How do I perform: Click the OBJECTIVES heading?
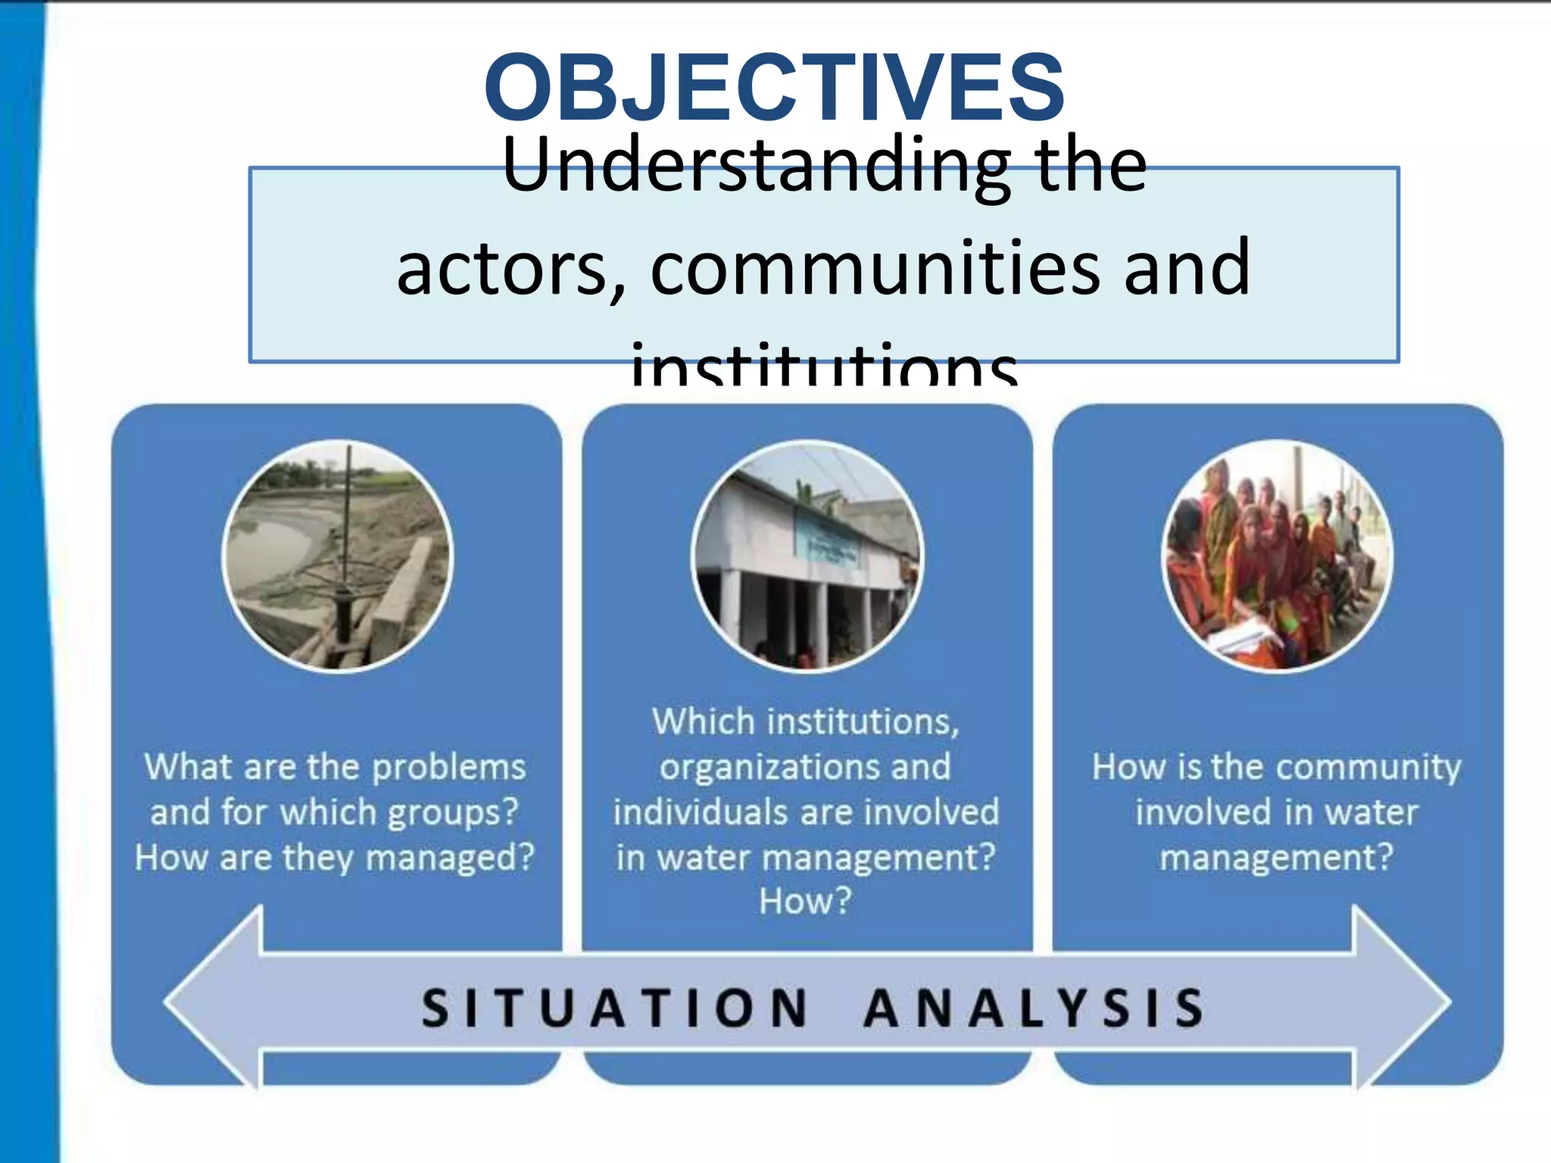pos(774,87)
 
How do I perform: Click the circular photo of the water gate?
pos(337,557)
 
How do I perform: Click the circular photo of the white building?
pos(807,557)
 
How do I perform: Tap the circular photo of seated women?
pos(1277,557)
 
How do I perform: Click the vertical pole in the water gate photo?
pos(348,530)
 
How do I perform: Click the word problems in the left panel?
pos(449,767)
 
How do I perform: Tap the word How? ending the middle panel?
pos(806,901)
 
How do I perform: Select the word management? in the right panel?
pos(1277,858)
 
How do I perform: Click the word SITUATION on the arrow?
pos(614,1009)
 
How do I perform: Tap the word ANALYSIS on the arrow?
pos(1034,1009)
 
